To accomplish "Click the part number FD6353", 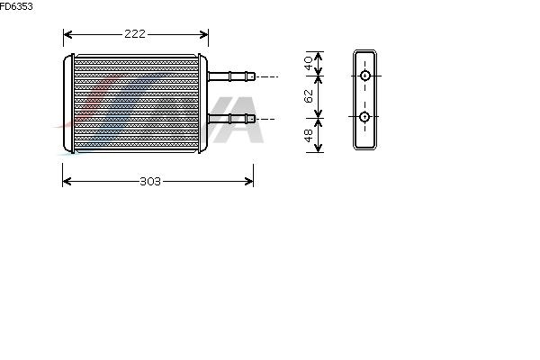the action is coord(16,6).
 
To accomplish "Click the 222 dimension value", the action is coord(135,34).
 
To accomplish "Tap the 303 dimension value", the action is coord(150,181).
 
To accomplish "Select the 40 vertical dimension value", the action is coord(309,63).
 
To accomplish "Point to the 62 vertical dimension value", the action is coord(309,96).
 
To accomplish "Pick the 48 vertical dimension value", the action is coord(309,135).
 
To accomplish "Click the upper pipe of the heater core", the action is coord(231,76).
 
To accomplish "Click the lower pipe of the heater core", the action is coord(231,119).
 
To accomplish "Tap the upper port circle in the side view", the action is coord(365,76).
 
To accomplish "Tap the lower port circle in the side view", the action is coord(364,117).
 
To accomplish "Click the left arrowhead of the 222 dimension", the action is coord(67,34).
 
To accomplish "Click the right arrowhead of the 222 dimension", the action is coord(204,34).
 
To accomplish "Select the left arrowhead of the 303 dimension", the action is coord(67,181).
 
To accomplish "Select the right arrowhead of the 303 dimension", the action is coord(249,181).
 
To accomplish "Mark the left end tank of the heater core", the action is coord(69,103).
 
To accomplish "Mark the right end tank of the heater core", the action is coord(202,103).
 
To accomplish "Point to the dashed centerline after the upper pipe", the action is coord(267,76).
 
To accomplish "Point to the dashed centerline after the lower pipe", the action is coord(265,119).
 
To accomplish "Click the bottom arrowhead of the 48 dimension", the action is coord(319,148).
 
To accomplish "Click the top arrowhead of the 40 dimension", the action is coord(319,56).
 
